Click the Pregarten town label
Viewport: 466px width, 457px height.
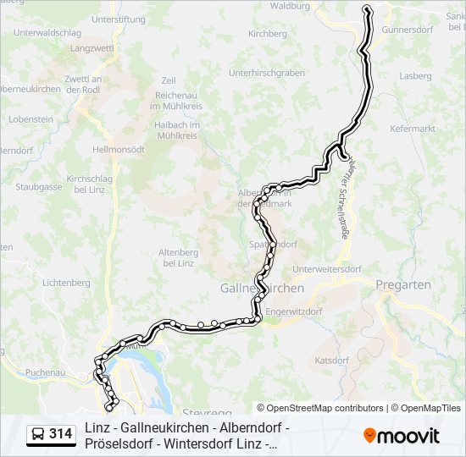(x=402, y=285)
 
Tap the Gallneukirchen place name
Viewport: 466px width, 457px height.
(x=262, y=288)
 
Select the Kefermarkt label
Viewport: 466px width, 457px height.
(x=413, y=129)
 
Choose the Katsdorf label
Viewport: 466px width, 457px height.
(x=331, y=360)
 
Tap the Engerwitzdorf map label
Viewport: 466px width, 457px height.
(x=295, y=311)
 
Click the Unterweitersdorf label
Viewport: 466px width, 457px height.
(x=325, y=270)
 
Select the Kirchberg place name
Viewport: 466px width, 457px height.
(x=267, y=35)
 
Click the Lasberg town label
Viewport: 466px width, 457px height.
(x=415, y=76)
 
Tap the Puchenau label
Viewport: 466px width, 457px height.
(x=45, y=372)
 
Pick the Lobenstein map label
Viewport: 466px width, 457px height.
(x=31, y=120)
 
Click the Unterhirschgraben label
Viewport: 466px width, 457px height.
(x=267, y=73)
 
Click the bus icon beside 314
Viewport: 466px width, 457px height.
(x=37, y=434)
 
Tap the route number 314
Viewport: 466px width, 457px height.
(x=60, y=434)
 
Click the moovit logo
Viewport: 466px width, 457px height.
(x=402, y=435)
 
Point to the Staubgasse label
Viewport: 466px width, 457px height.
(x=39, y=186)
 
